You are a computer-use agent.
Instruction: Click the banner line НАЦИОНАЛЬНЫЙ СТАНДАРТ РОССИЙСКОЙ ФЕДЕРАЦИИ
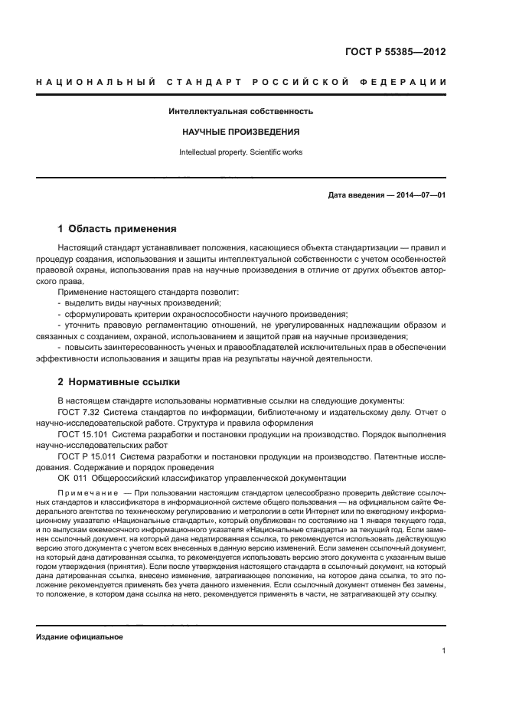(x=241, y=82)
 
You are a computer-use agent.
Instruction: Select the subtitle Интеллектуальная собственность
(x=240, y=112)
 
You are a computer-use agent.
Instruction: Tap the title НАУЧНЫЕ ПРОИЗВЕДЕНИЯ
(x=240, y=132)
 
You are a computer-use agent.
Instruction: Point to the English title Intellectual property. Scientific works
(x=240, y=152)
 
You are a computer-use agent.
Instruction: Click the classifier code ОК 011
(x=71, y=478)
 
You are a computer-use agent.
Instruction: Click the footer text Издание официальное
(x=80, y=637)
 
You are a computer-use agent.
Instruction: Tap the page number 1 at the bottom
(x=443, y=651)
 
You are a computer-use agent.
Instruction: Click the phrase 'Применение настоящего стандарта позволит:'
(x=137, y=293)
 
